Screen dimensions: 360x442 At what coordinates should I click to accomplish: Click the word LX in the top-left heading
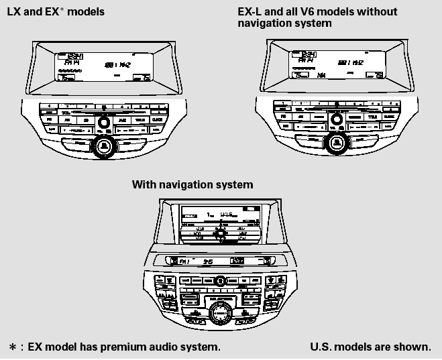point(13,12)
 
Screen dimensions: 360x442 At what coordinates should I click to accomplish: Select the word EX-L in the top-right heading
point(251,12)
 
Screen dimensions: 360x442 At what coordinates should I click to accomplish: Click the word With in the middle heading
point(144,184)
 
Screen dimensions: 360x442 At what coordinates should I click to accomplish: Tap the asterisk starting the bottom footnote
point(12,347)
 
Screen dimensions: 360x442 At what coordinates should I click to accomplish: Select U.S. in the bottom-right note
point(321,347)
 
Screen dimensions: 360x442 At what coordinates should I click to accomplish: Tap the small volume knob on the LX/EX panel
point(103,123)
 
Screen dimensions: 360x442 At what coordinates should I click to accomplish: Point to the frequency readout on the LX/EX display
point(117,64)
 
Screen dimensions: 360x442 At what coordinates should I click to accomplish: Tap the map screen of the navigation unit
point(220,224)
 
